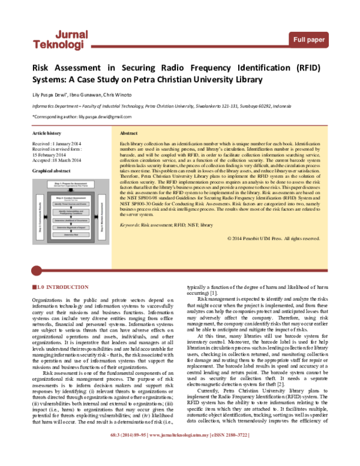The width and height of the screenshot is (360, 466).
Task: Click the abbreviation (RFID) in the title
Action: click(308, 68)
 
